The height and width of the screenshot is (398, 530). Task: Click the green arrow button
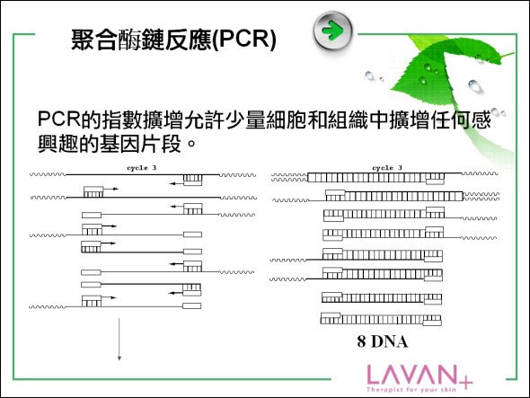333,31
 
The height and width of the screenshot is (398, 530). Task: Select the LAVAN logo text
411,375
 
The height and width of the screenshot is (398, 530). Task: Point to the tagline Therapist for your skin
411,390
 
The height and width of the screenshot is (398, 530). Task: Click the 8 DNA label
383,341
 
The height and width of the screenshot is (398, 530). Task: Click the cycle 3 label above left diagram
142,168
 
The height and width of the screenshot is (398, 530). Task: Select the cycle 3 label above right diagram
387,168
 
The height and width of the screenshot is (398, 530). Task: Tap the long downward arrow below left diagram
119,339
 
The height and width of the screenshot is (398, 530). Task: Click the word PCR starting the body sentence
58,119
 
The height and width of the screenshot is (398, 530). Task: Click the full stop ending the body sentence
191,144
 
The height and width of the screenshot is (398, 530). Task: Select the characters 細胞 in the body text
287,119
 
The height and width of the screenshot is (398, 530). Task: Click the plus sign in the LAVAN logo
466,383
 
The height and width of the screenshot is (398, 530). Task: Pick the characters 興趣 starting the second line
57,144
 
